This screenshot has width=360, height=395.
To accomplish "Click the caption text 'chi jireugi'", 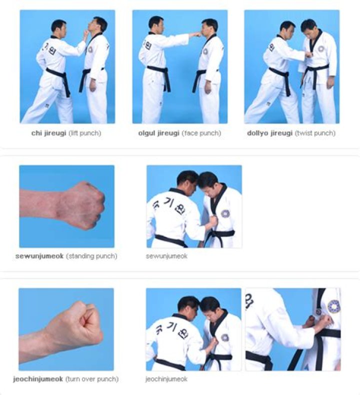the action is pyautogui.click(x=48, y=133).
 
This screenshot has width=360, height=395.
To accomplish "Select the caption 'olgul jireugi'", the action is pyautogui.click(x=158, y=133).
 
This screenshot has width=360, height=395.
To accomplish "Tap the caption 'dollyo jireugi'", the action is pyautogui.click(x=270, y=133).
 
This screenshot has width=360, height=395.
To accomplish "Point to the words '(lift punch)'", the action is pyautogui.click(x=85, y=133).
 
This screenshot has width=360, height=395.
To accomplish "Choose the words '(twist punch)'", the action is pyautogui.click(x=315, y=133).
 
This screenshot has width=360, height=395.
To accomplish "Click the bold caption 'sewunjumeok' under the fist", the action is pyautogui.click(x=39, y=256).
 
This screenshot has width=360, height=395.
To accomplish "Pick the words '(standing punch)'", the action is pyautogui.click(x=91, y=256).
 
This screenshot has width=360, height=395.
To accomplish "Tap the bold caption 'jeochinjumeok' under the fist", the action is pyautogui.click(x=38, y=379).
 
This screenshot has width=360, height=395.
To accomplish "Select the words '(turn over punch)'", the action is pyautogui.click(x=92, y=379).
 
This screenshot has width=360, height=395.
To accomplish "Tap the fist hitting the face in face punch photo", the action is pyautogui.click(x=195, y=35).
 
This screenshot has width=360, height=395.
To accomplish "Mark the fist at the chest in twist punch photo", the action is pyautogui.click(x=307, y=55).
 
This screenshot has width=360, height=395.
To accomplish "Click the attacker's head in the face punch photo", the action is pyautogui.click(x=155, y=24).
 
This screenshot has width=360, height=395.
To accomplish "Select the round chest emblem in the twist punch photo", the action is pyautogui.click(x=321, y=49).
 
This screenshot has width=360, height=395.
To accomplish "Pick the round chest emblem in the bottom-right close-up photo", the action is pyautogui.click(x=333, y=306).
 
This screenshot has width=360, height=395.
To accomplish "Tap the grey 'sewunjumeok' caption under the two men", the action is pyautogui.click(x=166, y=256).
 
